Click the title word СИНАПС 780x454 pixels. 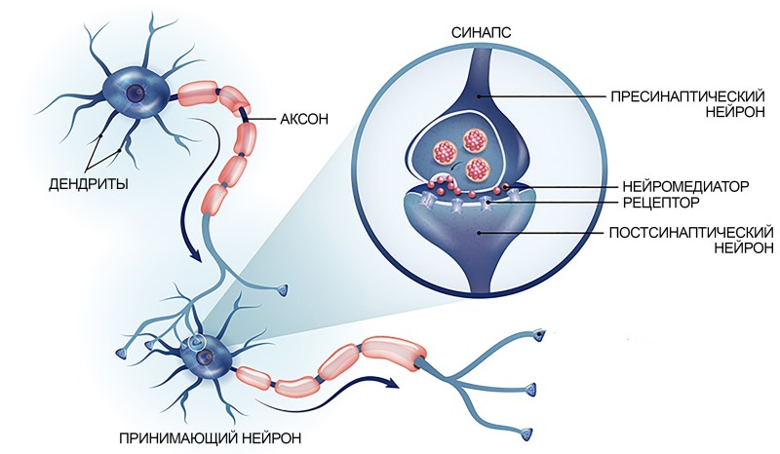tap(481, 32)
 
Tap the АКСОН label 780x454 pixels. tap(304, 119)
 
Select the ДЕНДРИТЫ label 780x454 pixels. tap(89, 184)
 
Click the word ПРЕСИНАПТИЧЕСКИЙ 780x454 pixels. tap(687, 96)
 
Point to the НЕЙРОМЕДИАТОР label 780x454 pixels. tap(685, 186)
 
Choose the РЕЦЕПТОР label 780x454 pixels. tap(661, 203)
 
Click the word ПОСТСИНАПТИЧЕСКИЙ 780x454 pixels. tap(691, 232)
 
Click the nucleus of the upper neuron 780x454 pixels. tap(135, 93)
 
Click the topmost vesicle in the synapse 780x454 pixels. tap(475, 140)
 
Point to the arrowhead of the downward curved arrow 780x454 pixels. tap(196, 256)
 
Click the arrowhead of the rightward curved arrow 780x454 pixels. tap(393, 383)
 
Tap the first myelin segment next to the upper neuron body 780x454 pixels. tap(198, 94)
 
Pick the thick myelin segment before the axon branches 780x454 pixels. tap(393, 353)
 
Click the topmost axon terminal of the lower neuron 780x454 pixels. tap(539, 335)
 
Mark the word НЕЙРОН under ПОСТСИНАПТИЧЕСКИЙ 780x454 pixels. tap(744, 247)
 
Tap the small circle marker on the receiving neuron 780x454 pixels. tap(195, 341)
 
